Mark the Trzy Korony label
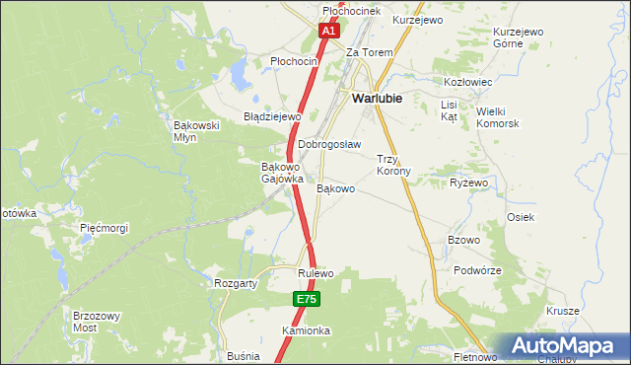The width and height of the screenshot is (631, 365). (394, 165)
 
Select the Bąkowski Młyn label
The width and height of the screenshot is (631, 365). (194, 132)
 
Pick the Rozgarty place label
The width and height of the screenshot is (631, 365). (236, 283)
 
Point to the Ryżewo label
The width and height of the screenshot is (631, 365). (469, 183)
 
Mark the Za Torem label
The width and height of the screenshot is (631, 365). (369, 52)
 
